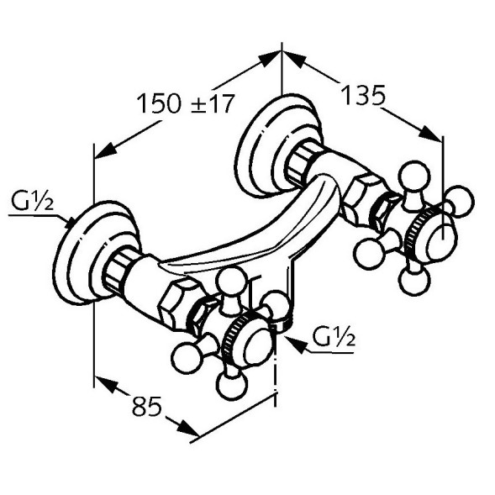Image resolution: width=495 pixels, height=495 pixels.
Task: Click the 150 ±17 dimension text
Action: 187,103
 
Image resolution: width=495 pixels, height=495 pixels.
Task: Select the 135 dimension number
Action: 363,95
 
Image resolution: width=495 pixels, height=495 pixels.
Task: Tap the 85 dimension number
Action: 147,406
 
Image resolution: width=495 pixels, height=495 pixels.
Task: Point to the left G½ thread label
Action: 33,201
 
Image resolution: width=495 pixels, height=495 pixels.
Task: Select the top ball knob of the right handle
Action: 413,176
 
